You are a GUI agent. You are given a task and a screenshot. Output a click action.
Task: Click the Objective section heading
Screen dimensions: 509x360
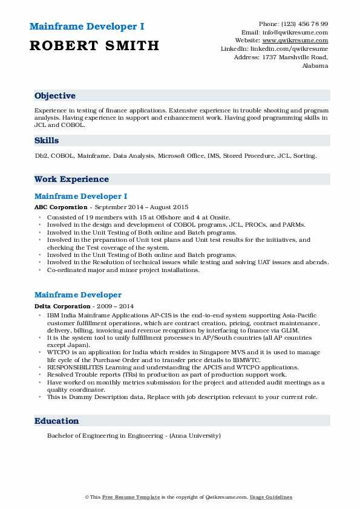(55, 96)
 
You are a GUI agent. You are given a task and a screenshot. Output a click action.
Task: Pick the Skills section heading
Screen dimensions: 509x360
(47, 141)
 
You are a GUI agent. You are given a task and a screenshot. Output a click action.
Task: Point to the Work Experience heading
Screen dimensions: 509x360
(71, 180)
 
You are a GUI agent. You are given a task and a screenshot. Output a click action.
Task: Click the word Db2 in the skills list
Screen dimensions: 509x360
(41, 156)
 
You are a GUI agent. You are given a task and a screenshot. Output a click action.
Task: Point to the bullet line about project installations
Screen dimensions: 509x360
(123, 270)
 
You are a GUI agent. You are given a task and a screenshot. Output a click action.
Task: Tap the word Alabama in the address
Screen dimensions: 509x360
(315, 65)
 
